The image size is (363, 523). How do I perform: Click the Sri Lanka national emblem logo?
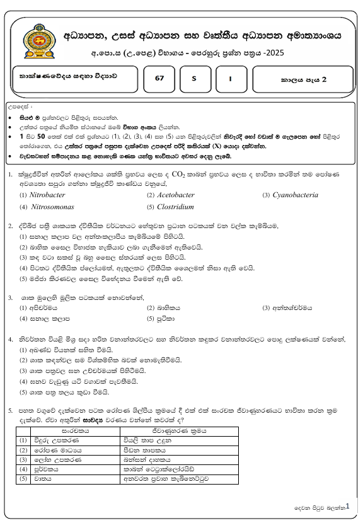(x=38, y=42)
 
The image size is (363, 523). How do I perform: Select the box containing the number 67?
(x=158, y=80)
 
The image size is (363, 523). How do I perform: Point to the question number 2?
(x=11, y=225)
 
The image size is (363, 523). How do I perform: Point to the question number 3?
(x=11, y=297)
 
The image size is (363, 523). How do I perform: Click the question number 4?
(x=11, y=339)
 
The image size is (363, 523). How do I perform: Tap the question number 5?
(x=11, y=410)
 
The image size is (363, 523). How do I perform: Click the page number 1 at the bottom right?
(x=347, y=505)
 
